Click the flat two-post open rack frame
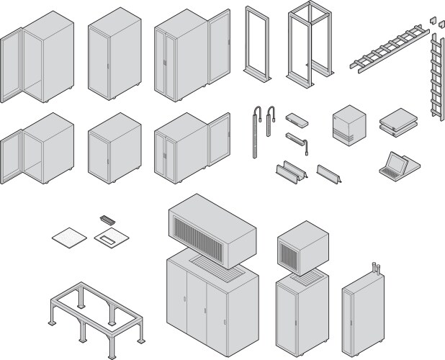pos(256,43)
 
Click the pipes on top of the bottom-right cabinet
pos(376,270)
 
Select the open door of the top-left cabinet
pos(12,65)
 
